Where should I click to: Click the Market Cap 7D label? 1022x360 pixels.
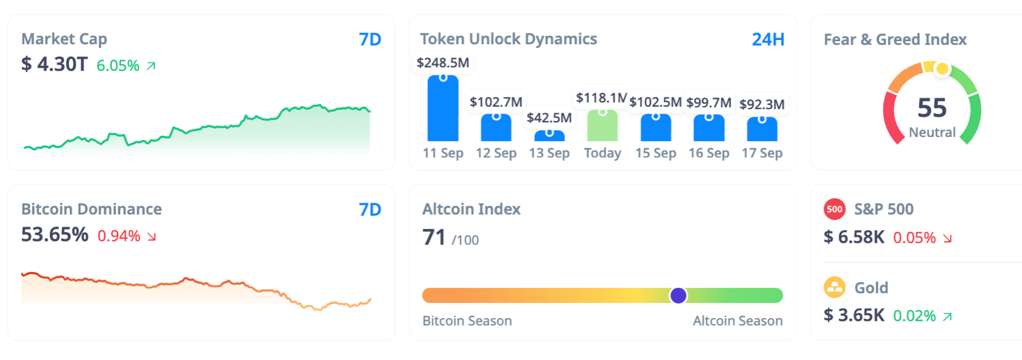(370, 39)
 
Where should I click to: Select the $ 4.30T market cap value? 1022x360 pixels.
(55, 64)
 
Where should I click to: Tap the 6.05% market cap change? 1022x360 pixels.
(118, 66)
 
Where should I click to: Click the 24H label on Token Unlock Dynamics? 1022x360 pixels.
(768, 39)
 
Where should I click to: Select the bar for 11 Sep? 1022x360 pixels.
(443, 109)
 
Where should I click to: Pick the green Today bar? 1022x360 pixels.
(603, 126)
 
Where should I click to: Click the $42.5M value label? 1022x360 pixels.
(549, 117)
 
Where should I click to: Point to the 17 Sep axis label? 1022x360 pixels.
(762, 153)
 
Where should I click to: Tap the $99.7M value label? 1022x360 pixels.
(709, 103)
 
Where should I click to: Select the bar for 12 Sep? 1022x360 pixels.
(496, 128)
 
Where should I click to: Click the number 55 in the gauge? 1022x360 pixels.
(932, 108)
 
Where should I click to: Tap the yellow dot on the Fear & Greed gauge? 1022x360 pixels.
(942, 69)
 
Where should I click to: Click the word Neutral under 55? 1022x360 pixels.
(932, 133)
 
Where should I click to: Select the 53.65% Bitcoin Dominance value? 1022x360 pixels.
(55, 235)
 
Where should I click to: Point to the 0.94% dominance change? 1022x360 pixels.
(119, 236)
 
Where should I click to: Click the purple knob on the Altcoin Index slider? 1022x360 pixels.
(678, 295)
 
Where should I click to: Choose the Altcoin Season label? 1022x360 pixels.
(738, 321)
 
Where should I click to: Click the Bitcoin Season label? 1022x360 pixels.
(467, 321)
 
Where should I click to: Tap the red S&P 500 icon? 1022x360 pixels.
(834, 209)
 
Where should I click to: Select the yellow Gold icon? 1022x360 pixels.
(834, 287)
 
